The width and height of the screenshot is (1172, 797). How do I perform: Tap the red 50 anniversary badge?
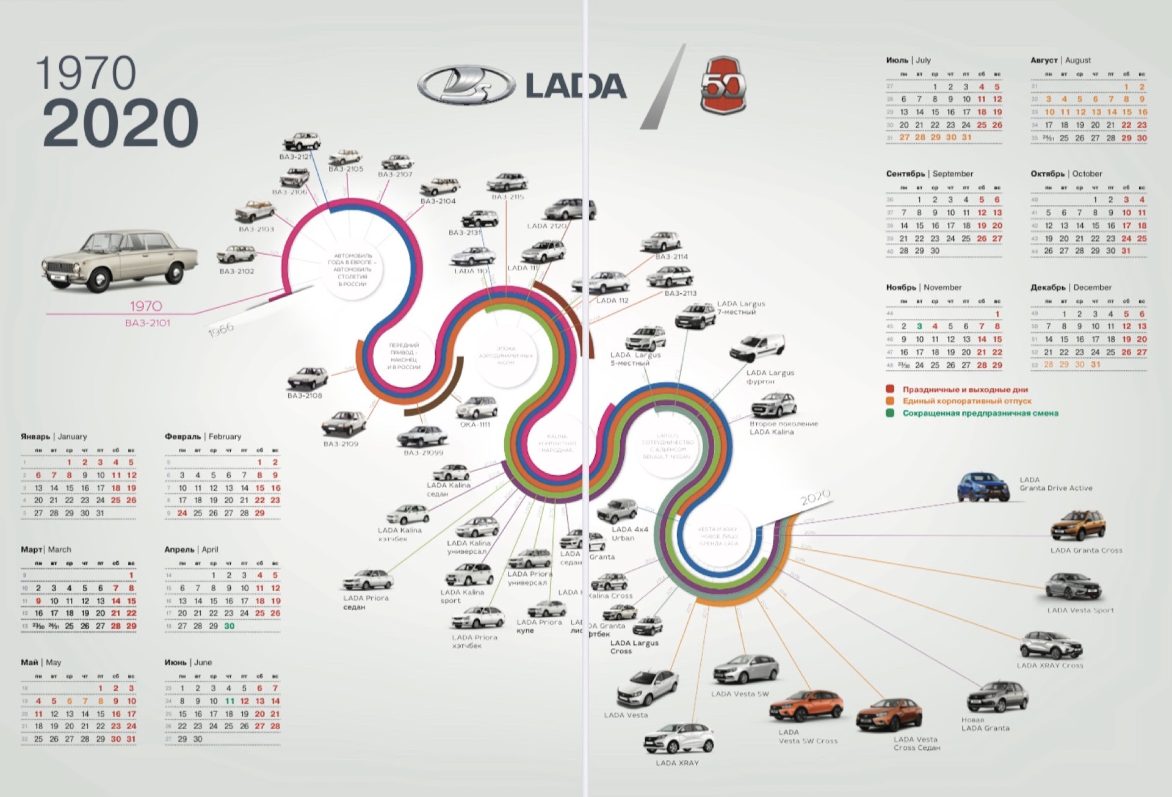723,86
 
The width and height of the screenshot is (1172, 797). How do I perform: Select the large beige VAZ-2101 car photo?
120,260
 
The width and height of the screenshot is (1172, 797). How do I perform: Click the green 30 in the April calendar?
230,626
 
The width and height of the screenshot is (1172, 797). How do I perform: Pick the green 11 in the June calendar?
230,701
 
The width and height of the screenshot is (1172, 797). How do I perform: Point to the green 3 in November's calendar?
919,327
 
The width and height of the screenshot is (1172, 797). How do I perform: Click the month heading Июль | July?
908,60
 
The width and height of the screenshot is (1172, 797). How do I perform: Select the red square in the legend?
890,389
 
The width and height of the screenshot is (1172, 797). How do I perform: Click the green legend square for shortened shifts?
890,413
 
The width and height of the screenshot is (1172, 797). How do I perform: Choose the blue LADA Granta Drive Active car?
983,487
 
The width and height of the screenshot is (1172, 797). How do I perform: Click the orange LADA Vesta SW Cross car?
806,707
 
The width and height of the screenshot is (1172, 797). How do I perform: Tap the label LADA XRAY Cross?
1050,666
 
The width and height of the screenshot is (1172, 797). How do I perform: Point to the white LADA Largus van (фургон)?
758,348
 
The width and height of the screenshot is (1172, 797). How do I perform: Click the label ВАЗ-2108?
305,396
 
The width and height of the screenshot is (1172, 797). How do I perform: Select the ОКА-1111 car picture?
477,407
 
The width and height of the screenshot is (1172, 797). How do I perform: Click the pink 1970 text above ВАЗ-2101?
146,306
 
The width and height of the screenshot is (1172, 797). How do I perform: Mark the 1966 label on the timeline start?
221,330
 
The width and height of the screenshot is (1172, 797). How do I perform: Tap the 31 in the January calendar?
100,514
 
